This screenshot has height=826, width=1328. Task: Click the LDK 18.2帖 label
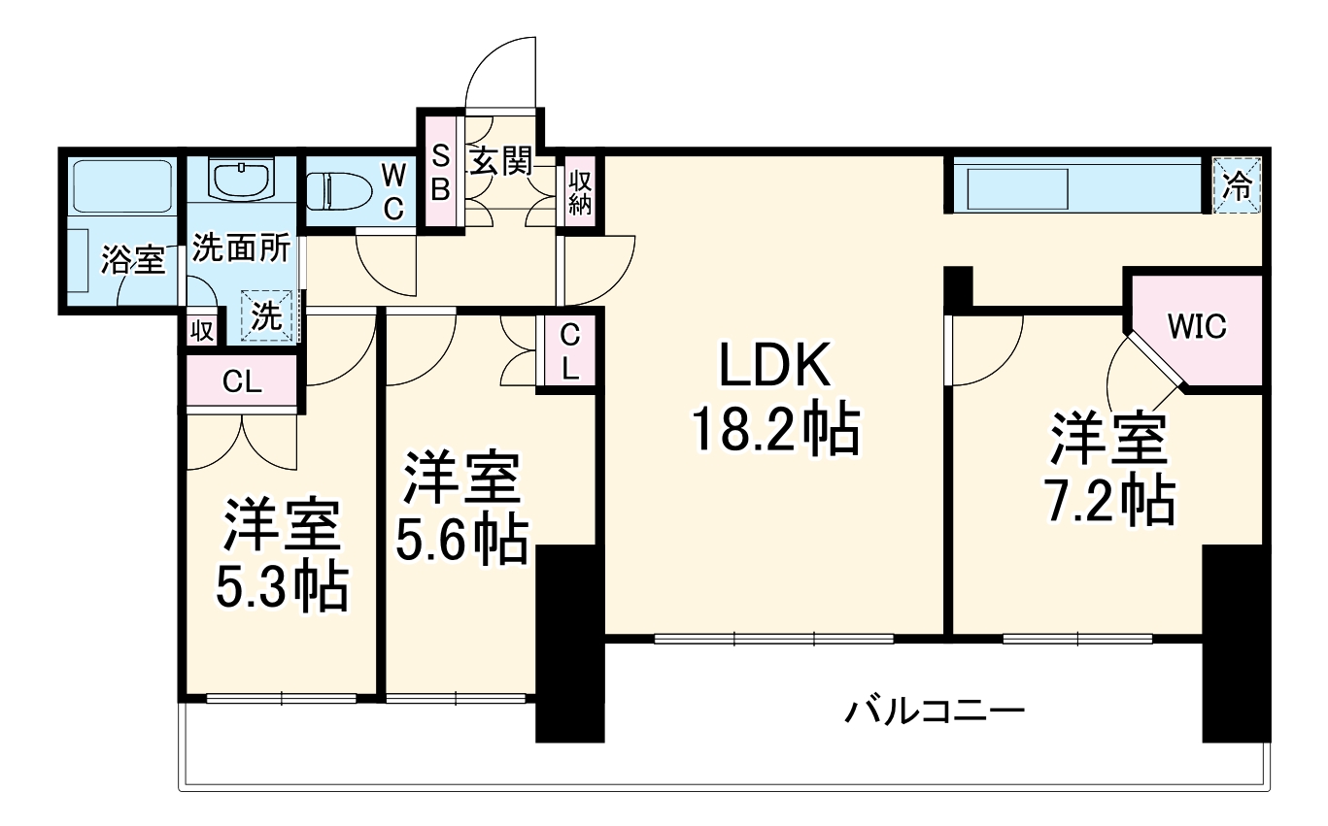click(774, 398)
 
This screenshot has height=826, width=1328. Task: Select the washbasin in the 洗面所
click(241, 180)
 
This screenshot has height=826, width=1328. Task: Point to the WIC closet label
click(1197, 327)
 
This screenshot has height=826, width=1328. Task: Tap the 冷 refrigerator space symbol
click(1237, 185)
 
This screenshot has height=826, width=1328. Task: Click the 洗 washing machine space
click(266, 316)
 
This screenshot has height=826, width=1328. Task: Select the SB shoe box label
click(440, 173)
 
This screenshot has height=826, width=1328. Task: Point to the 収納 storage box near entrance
click(581, 193)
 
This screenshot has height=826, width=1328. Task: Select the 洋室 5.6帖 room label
click(461, 509)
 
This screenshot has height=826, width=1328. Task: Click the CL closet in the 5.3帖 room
click(242, 381)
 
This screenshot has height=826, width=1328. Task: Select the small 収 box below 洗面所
click(201, 331)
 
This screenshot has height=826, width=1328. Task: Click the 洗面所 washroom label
click(240, 248)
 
